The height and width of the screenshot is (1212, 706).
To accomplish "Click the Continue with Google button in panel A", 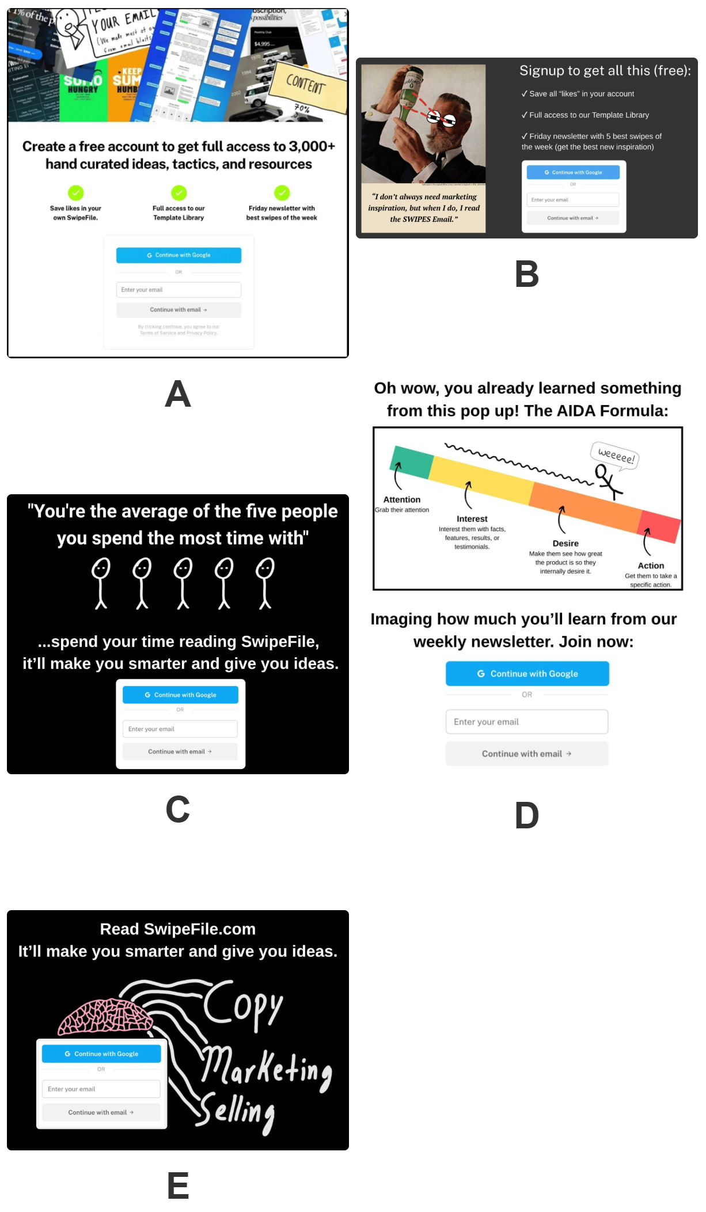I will [x=179, y=255].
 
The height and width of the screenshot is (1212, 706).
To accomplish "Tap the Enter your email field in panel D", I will [x=526, y=722].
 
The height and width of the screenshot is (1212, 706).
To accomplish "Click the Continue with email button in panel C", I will [x=180, y=752].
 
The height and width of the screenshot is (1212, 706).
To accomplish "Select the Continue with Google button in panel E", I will [x=101, y=1054].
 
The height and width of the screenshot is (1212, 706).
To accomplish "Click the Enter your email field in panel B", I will [x=572, y=200].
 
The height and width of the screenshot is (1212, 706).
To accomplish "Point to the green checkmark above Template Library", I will [x=179, y=192].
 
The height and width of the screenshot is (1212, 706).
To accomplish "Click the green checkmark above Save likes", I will [x=75, y=192].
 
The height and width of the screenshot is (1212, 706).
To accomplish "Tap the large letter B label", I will [x=526, y=274].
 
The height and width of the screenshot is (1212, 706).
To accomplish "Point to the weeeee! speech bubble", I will [x=616, y=456].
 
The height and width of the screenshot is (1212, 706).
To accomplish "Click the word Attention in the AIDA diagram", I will [x=402, y=499].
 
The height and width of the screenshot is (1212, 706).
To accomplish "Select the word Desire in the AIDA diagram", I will [x=565, y=543].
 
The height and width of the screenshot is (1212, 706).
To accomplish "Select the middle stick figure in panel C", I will [x=183, y=582].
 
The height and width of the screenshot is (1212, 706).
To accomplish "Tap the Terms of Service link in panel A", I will [x=154, y=333].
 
